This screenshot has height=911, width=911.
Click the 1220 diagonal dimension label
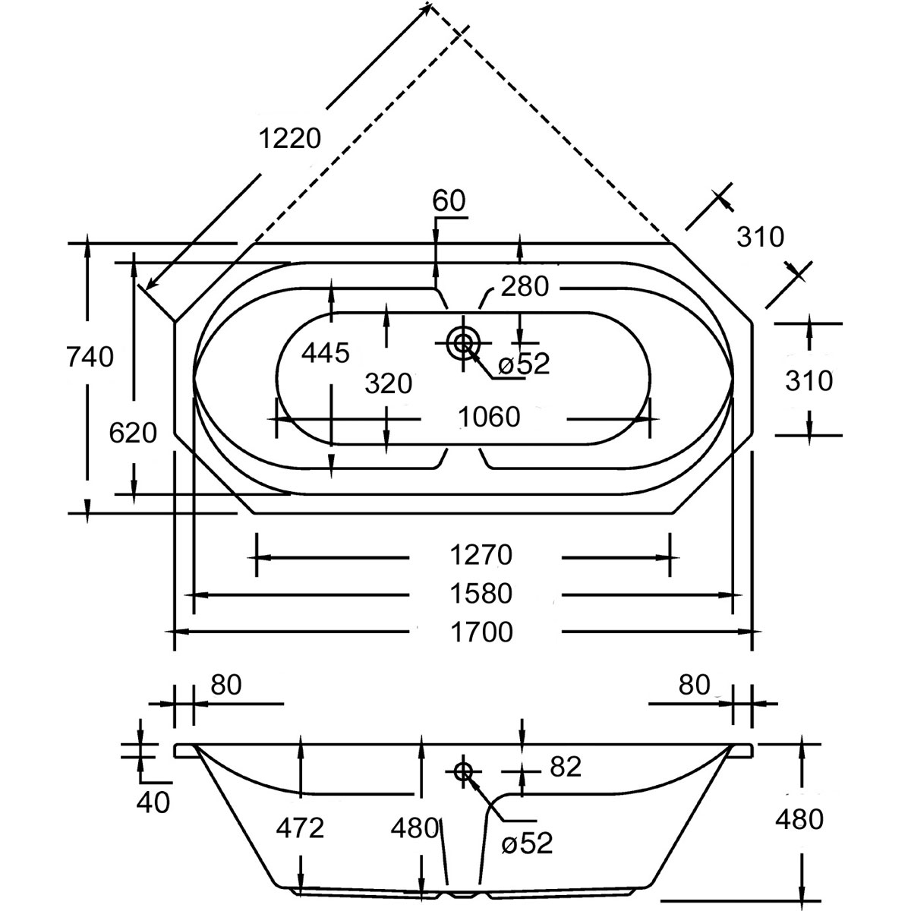pyautogui.click(x=290, y=138)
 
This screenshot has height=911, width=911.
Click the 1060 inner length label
pyautogui.click(x=490, y=417)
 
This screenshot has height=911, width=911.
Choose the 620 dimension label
pyautogui.click(x=133, y=433)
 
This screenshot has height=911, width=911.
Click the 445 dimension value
pyautogui.click(x=326, y=352)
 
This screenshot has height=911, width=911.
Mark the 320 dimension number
pyautogui.click(x=388, y=383)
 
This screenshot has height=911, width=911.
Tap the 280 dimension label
pyautogui.click(x=523, y=286)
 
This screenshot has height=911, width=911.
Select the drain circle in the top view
pyautogui.click(x=462, y=343)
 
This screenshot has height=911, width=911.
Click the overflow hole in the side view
pyautogui.click(x=463, y=771)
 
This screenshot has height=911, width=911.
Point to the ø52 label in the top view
pyautogui.click(x=524, y=364)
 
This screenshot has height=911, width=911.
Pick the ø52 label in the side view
pyautogui.click(x=527, y=843)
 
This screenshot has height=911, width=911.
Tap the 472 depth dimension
pyautogui.click(x=300, y=827)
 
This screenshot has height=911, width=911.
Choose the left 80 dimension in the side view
pyautogui.click(x=225, y=685)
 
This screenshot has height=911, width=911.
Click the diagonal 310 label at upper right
pyautogui.click(x=760, y=237)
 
